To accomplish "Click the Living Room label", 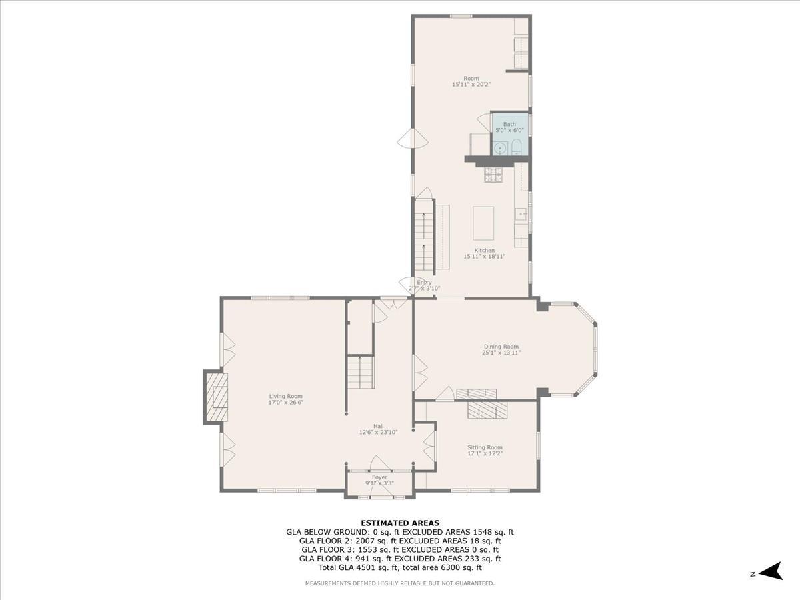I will click(285, 399).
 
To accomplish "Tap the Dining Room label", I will click(501, 349).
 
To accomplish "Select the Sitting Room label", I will click(485, 451).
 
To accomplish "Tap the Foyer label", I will click(379, 480).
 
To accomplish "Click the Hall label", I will click(378, 429).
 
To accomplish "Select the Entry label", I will click(425, 285).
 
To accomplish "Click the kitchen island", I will click(483, 223).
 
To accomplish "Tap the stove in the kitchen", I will click(493, 175).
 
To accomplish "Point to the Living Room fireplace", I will click(216, 397).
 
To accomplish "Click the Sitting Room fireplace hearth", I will click(487, 409).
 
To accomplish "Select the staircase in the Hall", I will click(360, 373).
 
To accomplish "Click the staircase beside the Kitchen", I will click(424, 237).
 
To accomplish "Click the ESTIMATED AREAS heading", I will click(400, 523).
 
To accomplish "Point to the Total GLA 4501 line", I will click(400, 568).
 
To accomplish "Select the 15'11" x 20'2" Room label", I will click(471, 81).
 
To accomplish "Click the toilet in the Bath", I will click(517, 147).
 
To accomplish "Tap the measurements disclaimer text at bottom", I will click(400, 583).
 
